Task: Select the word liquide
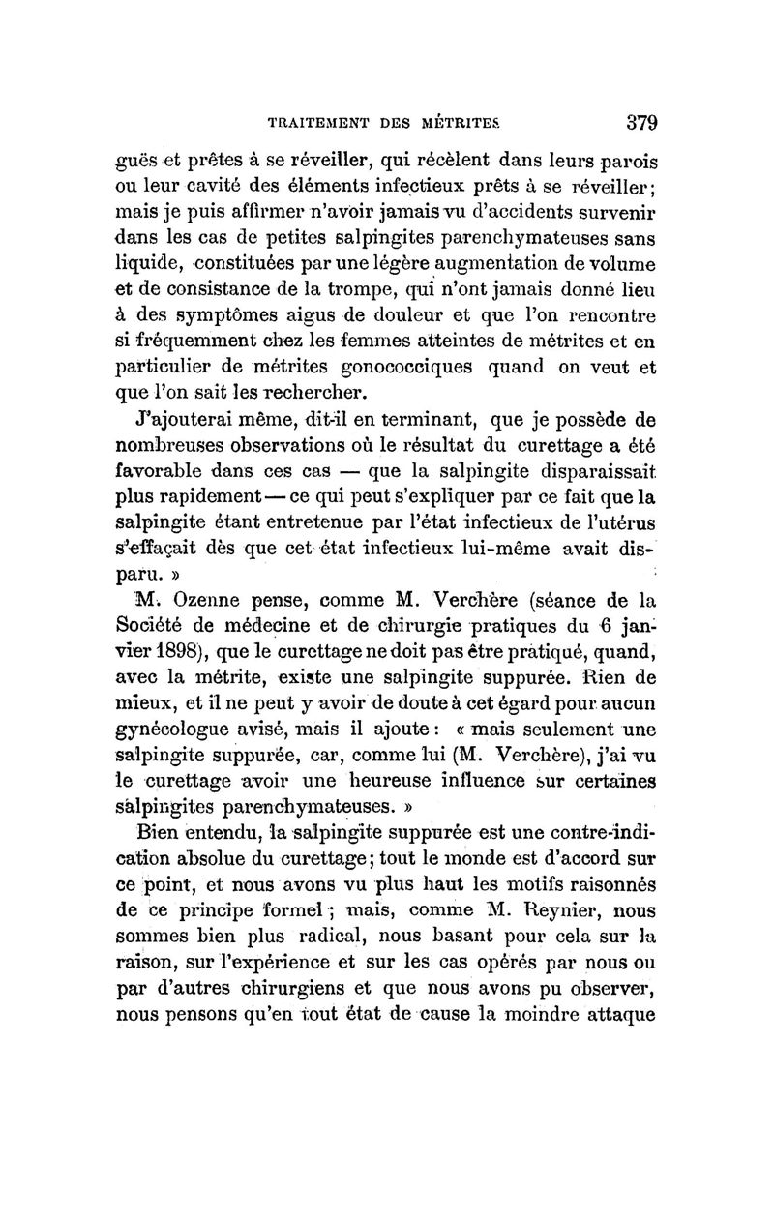145,264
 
